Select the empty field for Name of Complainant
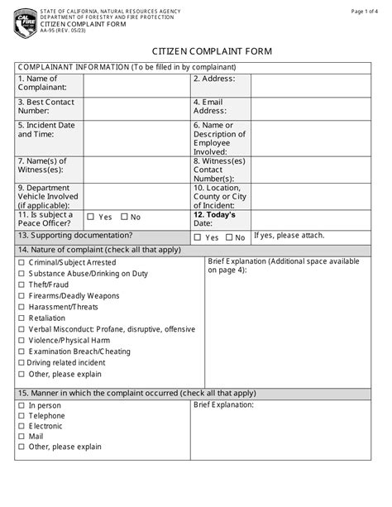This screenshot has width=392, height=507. pyautogui.click(x=136, y=84)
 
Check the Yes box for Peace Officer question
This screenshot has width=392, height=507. pyautogui.click(x=90, y=218)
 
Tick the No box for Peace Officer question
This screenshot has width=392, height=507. pyautogui.click(x=124, y=218)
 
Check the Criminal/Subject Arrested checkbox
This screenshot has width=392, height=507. pyautogui.click(x=21, y=263)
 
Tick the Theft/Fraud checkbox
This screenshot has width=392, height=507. pyautogui.click(x=21, y=285)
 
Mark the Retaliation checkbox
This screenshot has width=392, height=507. pyautogui.click(x=21, y=318)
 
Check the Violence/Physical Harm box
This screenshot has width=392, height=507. pyautogui.click(x=21, y=340)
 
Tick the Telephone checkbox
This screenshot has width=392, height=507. pyautogui.click(x=21, y=417)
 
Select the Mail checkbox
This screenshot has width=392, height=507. pyautogui.click(x=21, y=437)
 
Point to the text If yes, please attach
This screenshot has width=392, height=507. pyautogui.click(x=289, y=235)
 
